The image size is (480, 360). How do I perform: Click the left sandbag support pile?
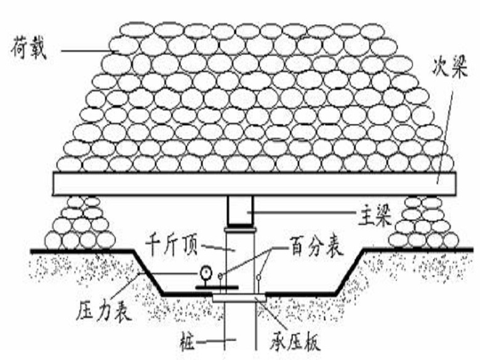coord(80,223)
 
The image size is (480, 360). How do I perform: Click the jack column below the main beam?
coord(239,258)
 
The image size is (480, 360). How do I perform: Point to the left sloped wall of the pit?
coord(148,271)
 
